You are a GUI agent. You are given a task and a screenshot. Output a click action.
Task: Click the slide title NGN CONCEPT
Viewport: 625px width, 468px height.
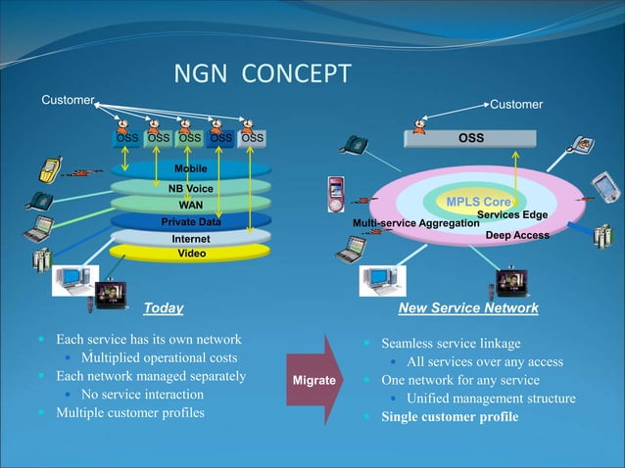click(x=262, y=75)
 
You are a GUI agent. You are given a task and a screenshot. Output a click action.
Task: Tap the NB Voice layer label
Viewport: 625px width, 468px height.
click(x=190, y=187)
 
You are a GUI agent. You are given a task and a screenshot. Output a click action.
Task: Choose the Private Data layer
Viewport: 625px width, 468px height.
click(x=190, y=222)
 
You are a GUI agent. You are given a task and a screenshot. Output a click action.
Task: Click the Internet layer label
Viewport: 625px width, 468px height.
click(x=190, y=239)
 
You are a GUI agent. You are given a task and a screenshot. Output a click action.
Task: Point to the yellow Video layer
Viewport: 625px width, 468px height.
click(x=190, y=254)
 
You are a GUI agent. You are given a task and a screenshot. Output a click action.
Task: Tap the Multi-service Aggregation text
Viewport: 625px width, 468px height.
click(x=415, y=224)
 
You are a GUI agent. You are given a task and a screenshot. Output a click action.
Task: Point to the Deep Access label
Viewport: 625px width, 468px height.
click(x=517, y=235)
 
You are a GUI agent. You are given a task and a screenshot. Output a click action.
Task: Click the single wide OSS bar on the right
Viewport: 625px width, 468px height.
click(x=471, y=138)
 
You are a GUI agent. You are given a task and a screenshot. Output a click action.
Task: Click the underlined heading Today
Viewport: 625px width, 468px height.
click(x=164, y=307)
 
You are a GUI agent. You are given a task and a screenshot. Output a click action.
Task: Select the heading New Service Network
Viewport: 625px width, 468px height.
click(x=468, y=307)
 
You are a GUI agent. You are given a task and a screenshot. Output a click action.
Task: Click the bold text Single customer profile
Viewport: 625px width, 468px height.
click(x=450, y=417)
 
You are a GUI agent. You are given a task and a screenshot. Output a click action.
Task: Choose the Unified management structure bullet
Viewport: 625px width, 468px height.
click(x=491, y=398)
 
